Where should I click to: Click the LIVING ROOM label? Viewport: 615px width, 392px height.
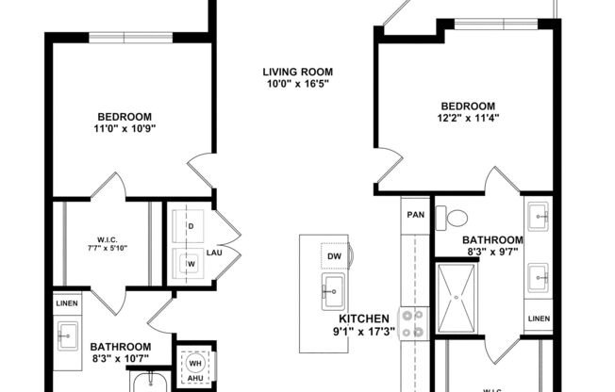[297, 72]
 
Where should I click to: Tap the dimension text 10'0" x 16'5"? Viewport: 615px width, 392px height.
[297, 84]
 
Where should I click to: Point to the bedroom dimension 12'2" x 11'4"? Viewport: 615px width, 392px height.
[467, 118]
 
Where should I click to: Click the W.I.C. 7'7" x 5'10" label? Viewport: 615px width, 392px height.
[106, 243]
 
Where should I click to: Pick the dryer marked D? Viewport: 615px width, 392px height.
[191, 227]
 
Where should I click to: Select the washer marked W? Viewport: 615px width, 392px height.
[191, 263]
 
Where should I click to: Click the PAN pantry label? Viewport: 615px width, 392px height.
[415, 215]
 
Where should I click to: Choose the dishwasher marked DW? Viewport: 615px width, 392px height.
[334, 256]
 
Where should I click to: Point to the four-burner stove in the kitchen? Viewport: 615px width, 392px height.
[412, 323]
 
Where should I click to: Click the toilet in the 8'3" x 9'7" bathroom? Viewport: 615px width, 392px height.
[457, 216]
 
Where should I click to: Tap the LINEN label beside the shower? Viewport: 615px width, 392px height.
[539, 318]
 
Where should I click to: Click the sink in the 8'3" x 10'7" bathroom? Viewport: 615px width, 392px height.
[68, 334]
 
